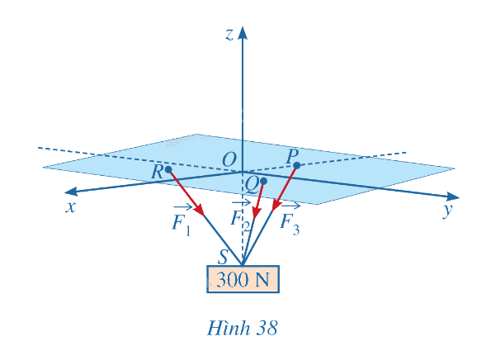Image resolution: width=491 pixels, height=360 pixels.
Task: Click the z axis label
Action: tap(229, 35)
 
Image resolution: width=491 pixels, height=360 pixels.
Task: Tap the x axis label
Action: tap(71, 207)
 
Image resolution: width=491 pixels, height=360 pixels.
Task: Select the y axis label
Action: tap(448, 210)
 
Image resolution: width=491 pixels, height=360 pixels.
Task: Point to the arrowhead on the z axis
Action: tap(242, 33)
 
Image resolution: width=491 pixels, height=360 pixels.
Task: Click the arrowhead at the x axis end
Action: tap(71, 191)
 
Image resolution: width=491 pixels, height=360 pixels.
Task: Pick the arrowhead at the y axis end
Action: tap(452, 197)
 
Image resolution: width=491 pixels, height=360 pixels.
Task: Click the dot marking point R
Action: tap(168, 169)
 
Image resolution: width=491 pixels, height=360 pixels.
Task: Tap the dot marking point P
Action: tap(297, 165)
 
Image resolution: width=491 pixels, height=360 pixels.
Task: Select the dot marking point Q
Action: tap(264, 181)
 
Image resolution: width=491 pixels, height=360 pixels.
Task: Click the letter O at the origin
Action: tap(229, 160)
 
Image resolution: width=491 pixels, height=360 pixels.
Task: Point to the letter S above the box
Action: tap(223, 257)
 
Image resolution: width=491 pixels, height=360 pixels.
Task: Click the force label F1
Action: tap(182, 220)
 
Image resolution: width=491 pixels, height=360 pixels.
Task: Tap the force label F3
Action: tap(290, 220)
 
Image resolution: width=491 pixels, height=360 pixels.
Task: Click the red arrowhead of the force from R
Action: tap(199, 209)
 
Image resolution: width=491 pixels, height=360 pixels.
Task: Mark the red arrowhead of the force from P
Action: tap(276, 206)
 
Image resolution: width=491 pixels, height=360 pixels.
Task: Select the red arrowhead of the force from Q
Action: tap(257, 213)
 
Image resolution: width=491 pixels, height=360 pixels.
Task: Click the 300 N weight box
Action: tap(243, 279)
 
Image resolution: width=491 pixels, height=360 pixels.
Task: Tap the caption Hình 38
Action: tap(242, 329)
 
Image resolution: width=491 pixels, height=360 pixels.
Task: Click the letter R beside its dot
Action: tap(157, 172)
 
